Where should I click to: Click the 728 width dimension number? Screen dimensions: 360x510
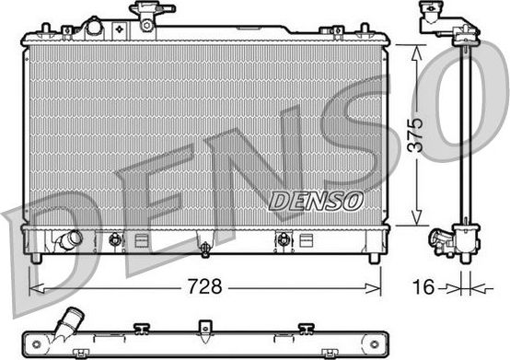pos(206,286)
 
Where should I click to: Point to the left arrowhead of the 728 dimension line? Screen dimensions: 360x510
pos(35,286)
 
